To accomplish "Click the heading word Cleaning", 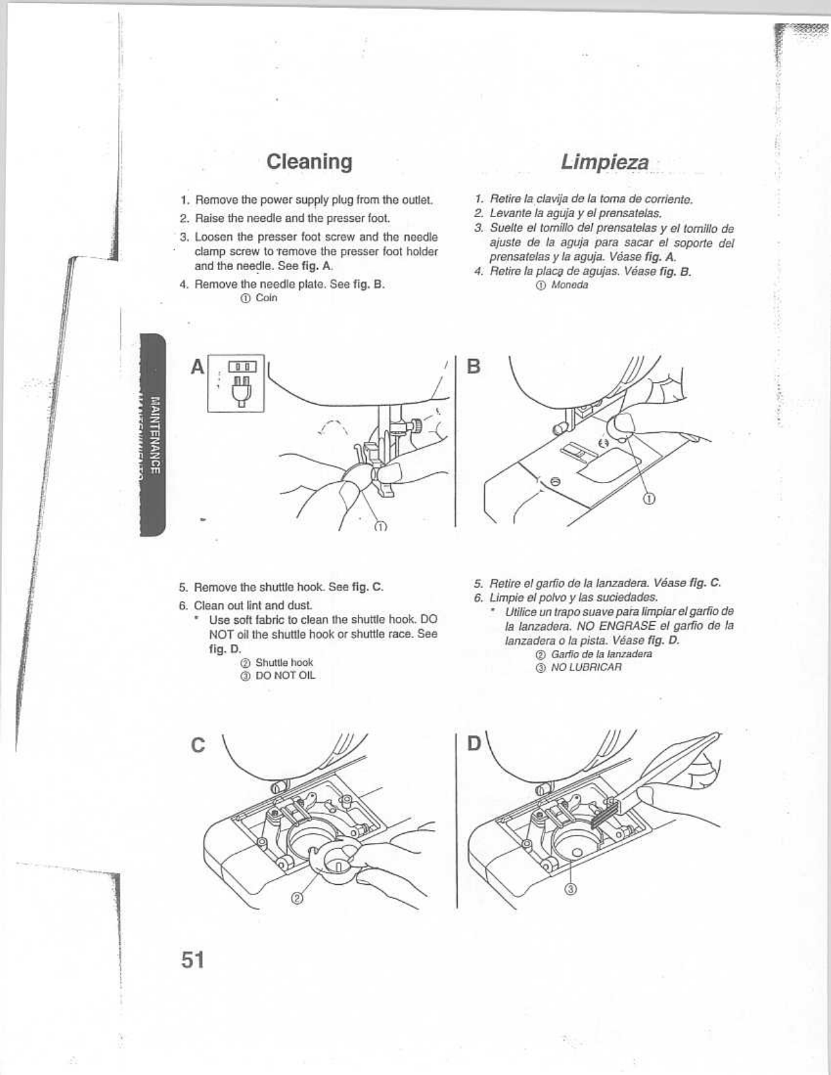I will (309, 162).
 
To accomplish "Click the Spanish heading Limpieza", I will (604, 163).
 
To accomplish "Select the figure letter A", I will (198, 367).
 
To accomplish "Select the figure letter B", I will (474, 367).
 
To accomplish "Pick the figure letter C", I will (198, 745).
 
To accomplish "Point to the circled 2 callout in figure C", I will (297, 899).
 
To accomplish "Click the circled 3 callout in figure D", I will (571, 889).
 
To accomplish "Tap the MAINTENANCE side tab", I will (154, 434).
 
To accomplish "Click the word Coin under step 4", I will (266, 298).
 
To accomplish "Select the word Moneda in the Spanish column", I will (569, 285).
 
